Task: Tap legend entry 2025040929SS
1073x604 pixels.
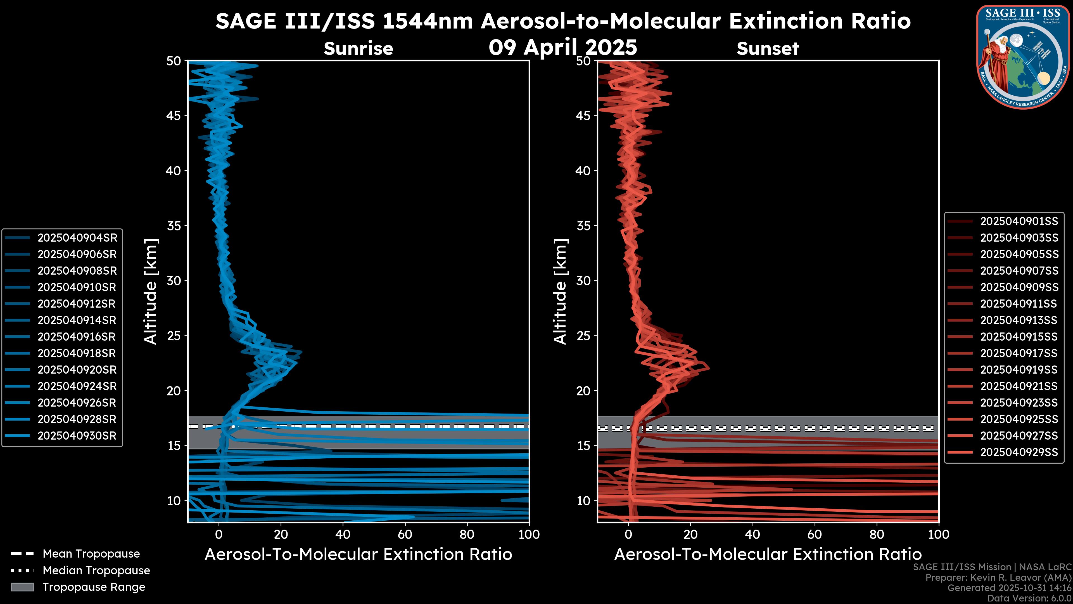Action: pyautogui.click(x=1019, y=452)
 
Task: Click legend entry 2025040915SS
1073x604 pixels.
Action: pyautogui.click(x=1019, y=336)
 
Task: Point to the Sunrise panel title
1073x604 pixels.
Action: pyautogui.click(x=358, y=48)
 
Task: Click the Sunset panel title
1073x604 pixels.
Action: pyautogui.click(x=768, y=48)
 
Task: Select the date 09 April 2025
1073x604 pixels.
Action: pyautogui.click(x=563, y=47)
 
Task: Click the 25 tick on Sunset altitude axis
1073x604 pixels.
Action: pyautogui.click(x=583, y=336)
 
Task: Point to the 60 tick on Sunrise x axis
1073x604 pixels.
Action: pyautogui.click(x=405, y=534)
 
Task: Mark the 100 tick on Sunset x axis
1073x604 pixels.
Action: pyautogui.click(x=939, y=534)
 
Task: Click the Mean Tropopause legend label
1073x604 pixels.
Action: pyautogui.click(x=91, y=554)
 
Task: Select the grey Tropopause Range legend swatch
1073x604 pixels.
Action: pyautogui.click(x=22, y=587)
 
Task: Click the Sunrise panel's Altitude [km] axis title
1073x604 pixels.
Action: pyautogui.click(x=150, y=291)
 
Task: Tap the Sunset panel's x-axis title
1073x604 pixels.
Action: pyautogui.click(x=768, y=555)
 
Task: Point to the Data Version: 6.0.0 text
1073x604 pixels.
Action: pyautogui.click(x=1030, y=598)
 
